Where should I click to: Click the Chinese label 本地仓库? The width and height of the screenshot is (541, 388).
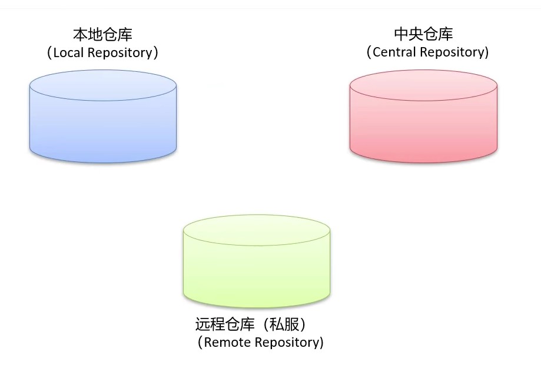coord(103,34)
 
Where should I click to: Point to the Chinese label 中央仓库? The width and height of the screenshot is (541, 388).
coord(423,34)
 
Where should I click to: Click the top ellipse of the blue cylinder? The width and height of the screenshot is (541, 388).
coord(103,85)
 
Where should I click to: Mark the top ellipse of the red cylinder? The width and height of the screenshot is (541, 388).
coord(423,86)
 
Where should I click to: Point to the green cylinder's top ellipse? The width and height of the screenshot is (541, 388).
coord(256,230)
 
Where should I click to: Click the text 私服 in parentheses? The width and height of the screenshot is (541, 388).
coord(286,324)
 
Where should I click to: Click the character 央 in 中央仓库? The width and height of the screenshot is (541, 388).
coord(416,34)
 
